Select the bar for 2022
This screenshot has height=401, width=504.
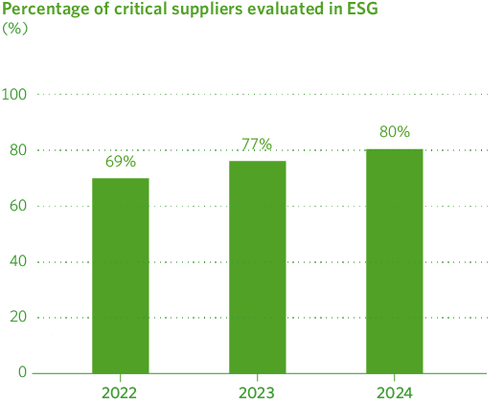coord(121,276)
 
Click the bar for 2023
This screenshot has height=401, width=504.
coord(258,267)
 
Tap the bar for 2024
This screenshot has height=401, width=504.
coord(394,261)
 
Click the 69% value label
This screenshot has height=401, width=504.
coord(121,162)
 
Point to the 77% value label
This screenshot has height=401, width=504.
coord(257,145)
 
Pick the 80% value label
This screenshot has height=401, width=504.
coord(394,131)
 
